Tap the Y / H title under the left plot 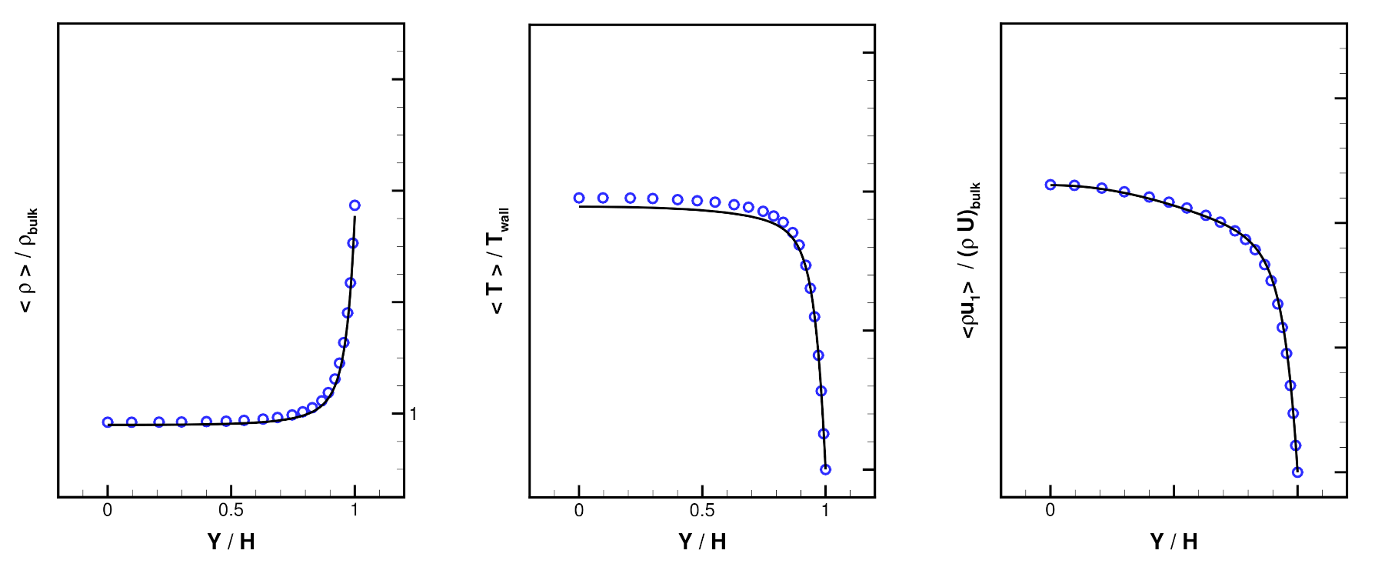point(231,542)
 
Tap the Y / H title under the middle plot point(702,542)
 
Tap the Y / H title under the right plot point(1174,542)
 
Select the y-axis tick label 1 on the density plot point(413,414)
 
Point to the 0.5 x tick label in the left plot point(231,510)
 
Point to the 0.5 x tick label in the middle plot point(702,510)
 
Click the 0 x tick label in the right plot point(1050,510)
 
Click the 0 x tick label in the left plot point(108,510)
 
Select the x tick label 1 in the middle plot point(825,510)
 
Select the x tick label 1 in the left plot point(355,510)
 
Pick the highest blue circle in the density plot point(355,205)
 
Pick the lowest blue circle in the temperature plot point(825,469)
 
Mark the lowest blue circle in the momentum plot point(1297,472)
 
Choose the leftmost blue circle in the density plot point(108,422)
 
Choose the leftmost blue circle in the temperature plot point(579,198)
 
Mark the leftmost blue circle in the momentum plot point(1050,185)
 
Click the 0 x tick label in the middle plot point(579,510)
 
